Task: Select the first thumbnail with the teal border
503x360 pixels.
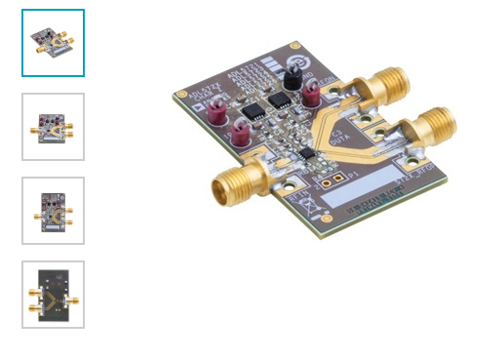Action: [x=53, y=43]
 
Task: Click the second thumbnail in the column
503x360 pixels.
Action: [x=53, y=127]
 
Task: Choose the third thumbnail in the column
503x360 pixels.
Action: [x=53, y=211]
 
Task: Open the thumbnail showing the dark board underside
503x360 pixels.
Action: [x=53, y=294]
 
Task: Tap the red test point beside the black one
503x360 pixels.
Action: [x=312, y=96]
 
